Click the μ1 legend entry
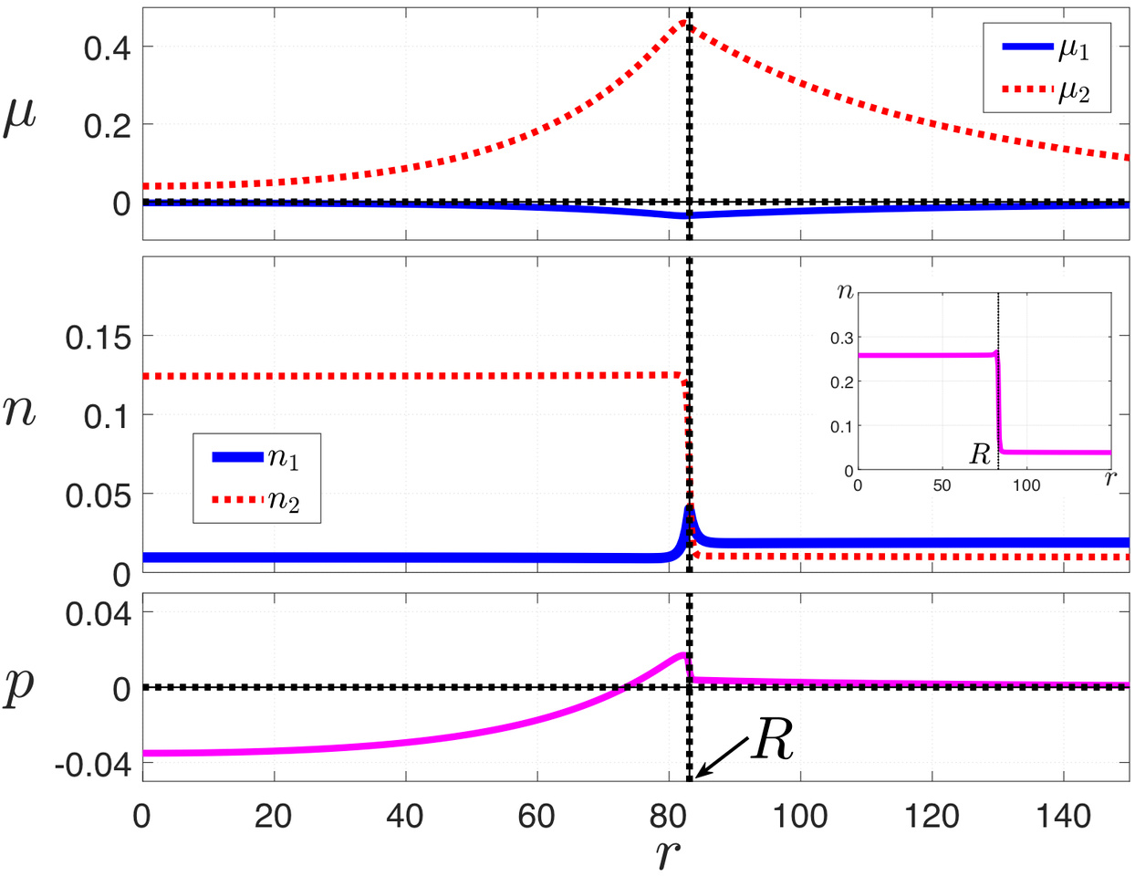1046,49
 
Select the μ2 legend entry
1046,90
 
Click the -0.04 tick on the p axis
93,764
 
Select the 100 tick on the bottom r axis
799,815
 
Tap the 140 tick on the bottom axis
1063,815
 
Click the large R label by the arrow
772,741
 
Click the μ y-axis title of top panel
20,119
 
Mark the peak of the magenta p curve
682,654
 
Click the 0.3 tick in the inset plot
841,338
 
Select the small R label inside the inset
980,454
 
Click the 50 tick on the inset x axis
942,485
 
